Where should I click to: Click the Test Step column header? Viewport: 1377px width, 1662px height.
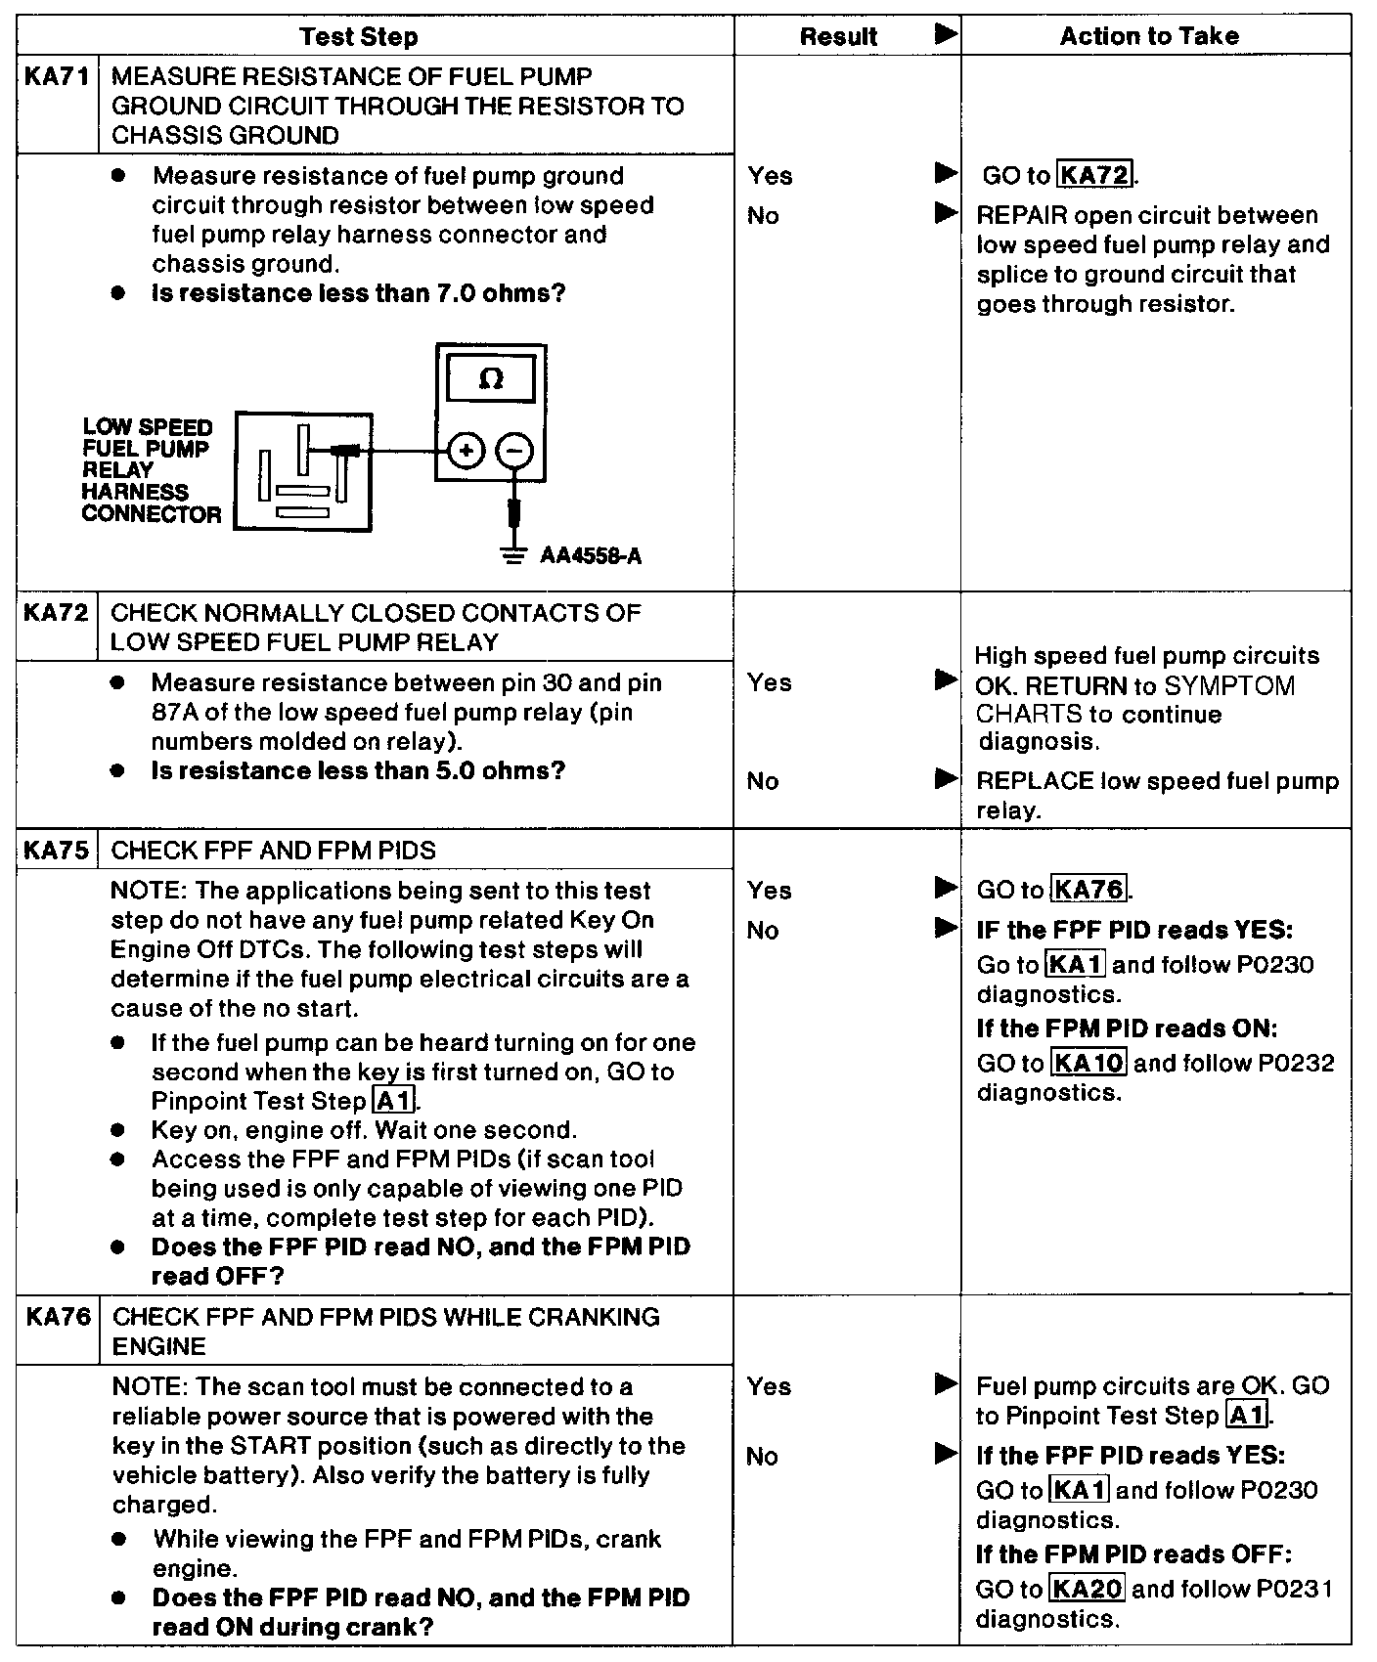(x=359, y=37)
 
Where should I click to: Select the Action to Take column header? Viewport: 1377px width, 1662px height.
(x=1149, y=36)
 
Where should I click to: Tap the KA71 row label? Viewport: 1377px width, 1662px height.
(x=57, y=77)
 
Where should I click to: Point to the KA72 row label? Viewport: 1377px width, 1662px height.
(x=56, y=613)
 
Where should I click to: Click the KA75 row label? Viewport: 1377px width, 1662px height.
(x=56, y=850)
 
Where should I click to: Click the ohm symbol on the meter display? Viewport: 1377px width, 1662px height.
(x=491, y=379)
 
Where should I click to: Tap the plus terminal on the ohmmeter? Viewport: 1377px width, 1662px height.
(x=466, y=451)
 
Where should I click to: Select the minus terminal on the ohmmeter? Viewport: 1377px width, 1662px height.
(x=515, y=451)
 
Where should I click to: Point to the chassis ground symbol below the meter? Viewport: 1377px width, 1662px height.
(x=511, y=554)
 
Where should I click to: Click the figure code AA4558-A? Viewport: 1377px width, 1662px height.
(x=591, y=556)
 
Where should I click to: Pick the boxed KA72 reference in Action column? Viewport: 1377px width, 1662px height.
(x=1095, y=176)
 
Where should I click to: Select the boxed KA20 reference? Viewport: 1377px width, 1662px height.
(x=1087, y=1589)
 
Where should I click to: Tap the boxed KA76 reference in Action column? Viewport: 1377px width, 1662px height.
(x=1089, y=891)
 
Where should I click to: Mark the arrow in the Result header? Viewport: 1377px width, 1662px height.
(x=945, y=35)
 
